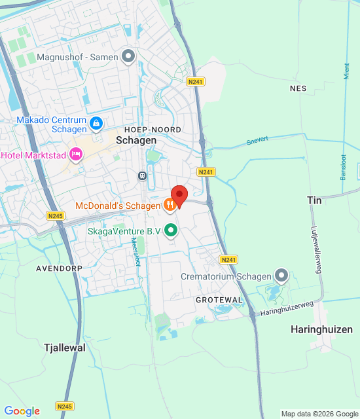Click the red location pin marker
(179, 195)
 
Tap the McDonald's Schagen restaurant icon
(170, 206)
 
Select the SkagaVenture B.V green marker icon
(171, 230)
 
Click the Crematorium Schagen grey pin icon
(281, 276)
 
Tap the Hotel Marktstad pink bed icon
(76, 155)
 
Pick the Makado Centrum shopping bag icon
(96, 122)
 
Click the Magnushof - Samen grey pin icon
(128, 57)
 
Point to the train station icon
(141, 175)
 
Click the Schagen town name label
(136, 141)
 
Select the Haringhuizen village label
(321, 329)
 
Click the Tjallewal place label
(64, 348)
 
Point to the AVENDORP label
(58, 268)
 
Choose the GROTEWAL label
(219, 299)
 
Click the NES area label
(298, 88)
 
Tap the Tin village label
(314, 200)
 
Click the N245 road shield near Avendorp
(55, 215)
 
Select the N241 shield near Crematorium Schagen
(228, 260)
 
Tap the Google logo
(22, 411)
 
